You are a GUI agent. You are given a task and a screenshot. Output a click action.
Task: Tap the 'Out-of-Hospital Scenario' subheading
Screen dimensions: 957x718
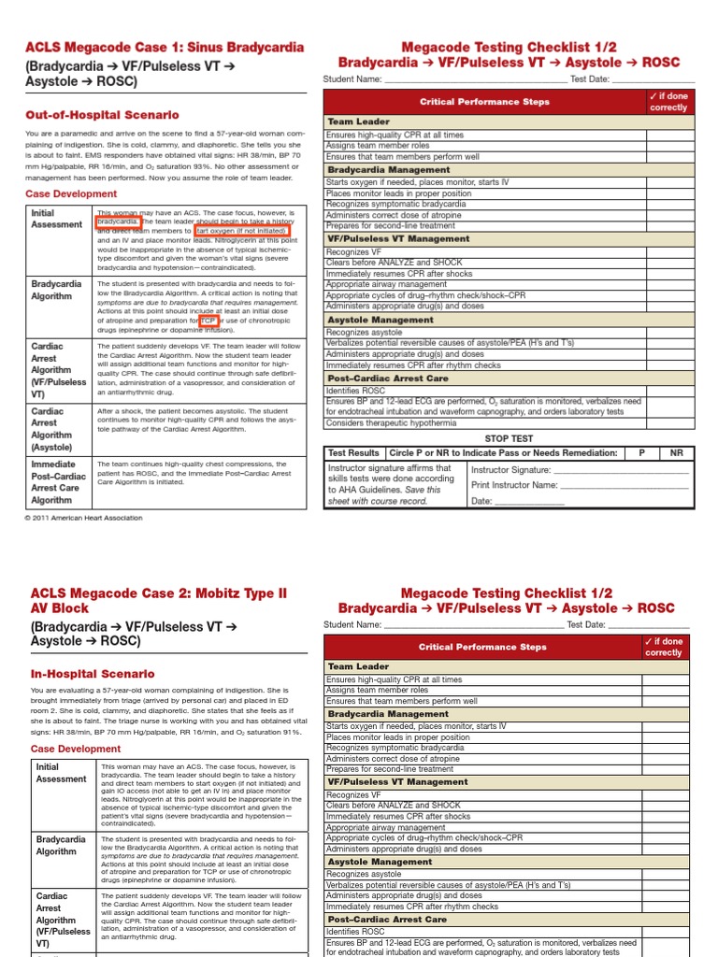[x=102, y=115]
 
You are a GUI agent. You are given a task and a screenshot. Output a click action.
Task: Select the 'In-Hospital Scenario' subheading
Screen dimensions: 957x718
[x=93, y=673]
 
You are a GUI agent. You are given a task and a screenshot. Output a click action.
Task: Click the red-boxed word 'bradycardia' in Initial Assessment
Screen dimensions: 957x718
[x=119, y=221]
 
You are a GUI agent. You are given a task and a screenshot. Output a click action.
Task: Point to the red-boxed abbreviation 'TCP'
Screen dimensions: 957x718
[x=208, y=321]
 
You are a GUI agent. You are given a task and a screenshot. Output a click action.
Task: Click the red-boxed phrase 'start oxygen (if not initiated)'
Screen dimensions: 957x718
[x=242, y=230]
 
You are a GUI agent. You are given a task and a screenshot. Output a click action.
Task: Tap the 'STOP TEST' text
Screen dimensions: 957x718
[x=509, y=437]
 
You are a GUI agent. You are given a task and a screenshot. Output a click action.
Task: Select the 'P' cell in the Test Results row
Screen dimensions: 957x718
[x=641, y=452]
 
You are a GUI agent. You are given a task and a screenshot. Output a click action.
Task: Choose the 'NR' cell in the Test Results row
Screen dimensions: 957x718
[x=676, y=452]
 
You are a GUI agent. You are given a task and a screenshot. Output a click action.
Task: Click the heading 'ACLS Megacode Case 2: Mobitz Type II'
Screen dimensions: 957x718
[x=159, y=593]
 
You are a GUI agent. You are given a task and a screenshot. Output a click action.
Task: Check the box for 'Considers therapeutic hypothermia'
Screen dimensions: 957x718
[x=668, y=423]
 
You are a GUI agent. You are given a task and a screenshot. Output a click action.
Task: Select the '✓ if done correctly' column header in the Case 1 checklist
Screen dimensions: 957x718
[x=668, y=101]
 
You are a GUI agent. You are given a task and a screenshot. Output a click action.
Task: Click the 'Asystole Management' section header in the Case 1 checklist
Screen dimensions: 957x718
[x=367, y=320]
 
